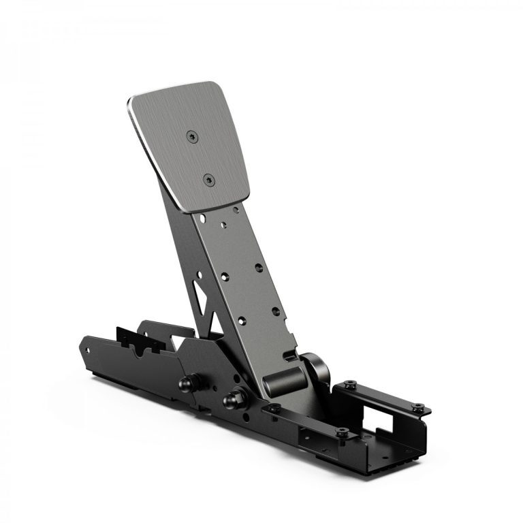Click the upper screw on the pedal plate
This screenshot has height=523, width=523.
point(192,137)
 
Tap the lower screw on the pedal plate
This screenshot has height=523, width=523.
point(208,180)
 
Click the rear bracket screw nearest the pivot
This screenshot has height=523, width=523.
point(349,384)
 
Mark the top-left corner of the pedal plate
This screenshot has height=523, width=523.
point(131,101)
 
